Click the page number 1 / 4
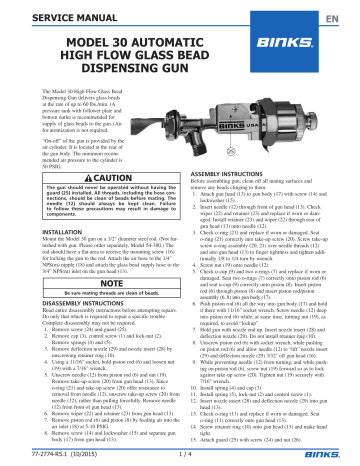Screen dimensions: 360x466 (180, 454)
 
